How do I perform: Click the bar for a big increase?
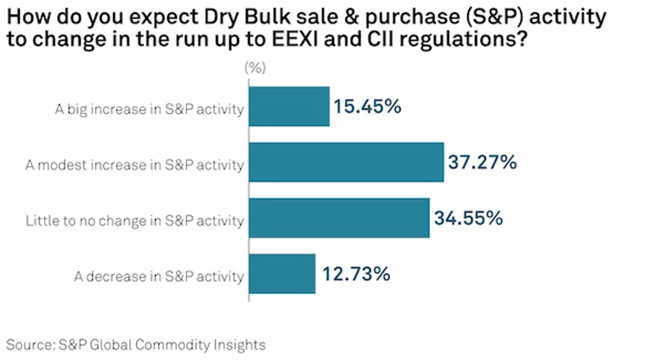tap(289, 107)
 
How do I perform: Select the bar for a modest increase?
tap(345, 163)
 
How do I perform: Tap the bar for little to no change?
tap(338, 219)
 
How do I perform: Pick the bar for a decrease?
tap(281, 274)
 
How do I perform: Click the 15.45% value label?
tap(367, 107)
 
